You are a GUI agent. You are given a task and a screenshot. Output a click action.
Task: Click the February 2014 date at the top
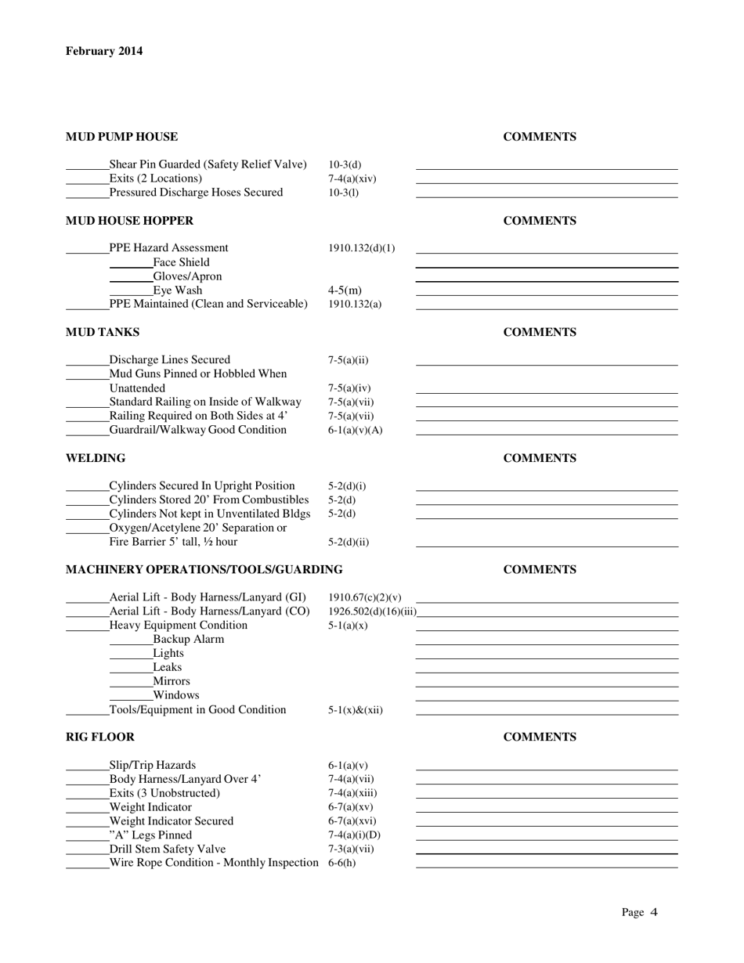[x=104, y=52]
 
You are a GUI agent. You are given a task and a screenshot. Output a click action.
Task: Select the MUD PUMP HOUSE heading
[x=121, y=137]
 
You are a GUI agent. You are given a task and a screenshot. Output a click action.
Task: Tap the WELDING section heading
[x=95, y=458]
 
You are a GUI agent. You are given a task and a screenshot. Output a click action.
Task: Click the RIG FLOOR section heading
[x=99, y=737]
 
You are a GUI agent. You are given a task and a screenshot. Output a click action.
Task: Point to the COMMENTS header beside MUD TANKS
[x=540, y=332]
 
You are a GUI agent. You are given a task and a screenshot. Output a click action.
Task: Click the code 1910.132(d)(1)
[x=362, y=248]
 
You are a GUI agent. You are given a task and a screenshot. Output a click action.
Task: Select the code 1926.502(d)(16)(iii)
[x=372, y=611]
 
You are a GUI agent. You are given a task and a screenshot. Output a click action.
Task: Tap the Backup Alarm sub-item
[x=188, y=639]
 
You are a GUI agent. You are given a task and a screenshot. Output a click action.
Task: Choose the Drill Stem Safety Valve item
[x=167, y=849]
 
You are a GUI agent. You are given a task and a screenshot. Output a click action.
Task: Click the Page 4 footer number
[x=640, y=911]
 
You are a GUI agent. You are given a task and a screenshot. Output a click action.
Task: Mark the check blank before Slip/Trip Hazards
[x=87, y=770]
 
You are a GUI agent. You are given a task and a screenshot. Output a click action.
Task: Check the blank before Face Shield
[x=131, y=266]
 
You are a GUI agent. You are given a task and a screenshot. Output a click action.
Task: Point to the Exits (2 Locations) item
[x=155, y=179]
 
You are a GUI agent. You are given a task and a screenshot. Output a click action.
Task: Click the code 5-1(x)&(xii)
[x=356, y=710]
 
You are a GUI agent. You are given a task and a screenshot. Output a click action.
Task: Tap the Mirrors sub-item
[x=171, y=681]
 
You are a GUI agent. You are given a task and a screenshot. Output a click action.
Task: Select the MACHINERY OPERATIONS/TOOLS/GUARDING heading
[x=204, y=569]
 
